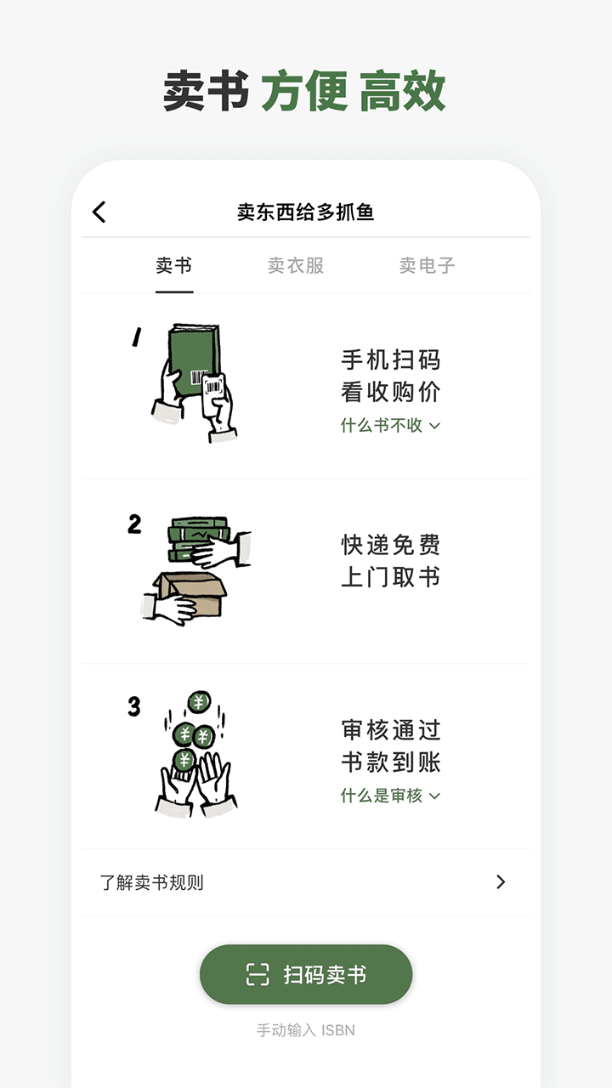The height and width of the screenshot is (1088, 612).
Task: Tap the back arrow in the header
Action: tap(99, 212)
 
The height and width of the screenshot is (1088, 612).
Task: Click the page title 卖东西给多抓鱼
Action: tap(305, 212)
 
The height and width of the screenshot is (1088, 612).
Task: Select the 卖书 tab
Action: tap(174, 265)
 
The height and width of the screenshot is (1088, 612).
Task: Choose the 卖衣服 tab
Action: tap(296, 265)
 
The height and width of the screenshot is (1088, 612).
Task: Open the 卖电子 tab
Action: tap(427, 265)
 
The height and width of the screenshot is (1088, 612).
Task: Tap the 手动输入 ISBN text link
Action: tap(305, 1029)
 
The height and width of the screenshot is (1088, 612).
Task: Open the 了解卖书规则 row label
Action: tap(151, 882)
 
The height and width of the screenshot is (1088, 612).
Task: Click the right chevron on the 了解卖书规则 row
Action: tap(501, 882)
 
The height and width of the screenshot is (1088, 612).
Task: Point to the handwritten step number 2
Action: tap(134, 524)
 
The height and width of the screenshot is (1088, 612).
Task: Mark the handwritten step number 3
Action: tap(134, 706)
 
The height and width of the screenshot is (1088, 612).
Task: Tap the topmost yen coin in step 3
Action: tap(199, 702)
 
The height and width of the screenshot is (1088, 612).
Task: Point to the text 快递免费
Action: tap(390, 545)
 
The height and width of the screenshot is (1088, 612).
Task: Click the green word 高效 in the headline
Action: tap(403, 91)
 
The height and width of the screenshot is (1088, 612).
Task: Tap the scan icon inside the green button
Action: tap(258, 974)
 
